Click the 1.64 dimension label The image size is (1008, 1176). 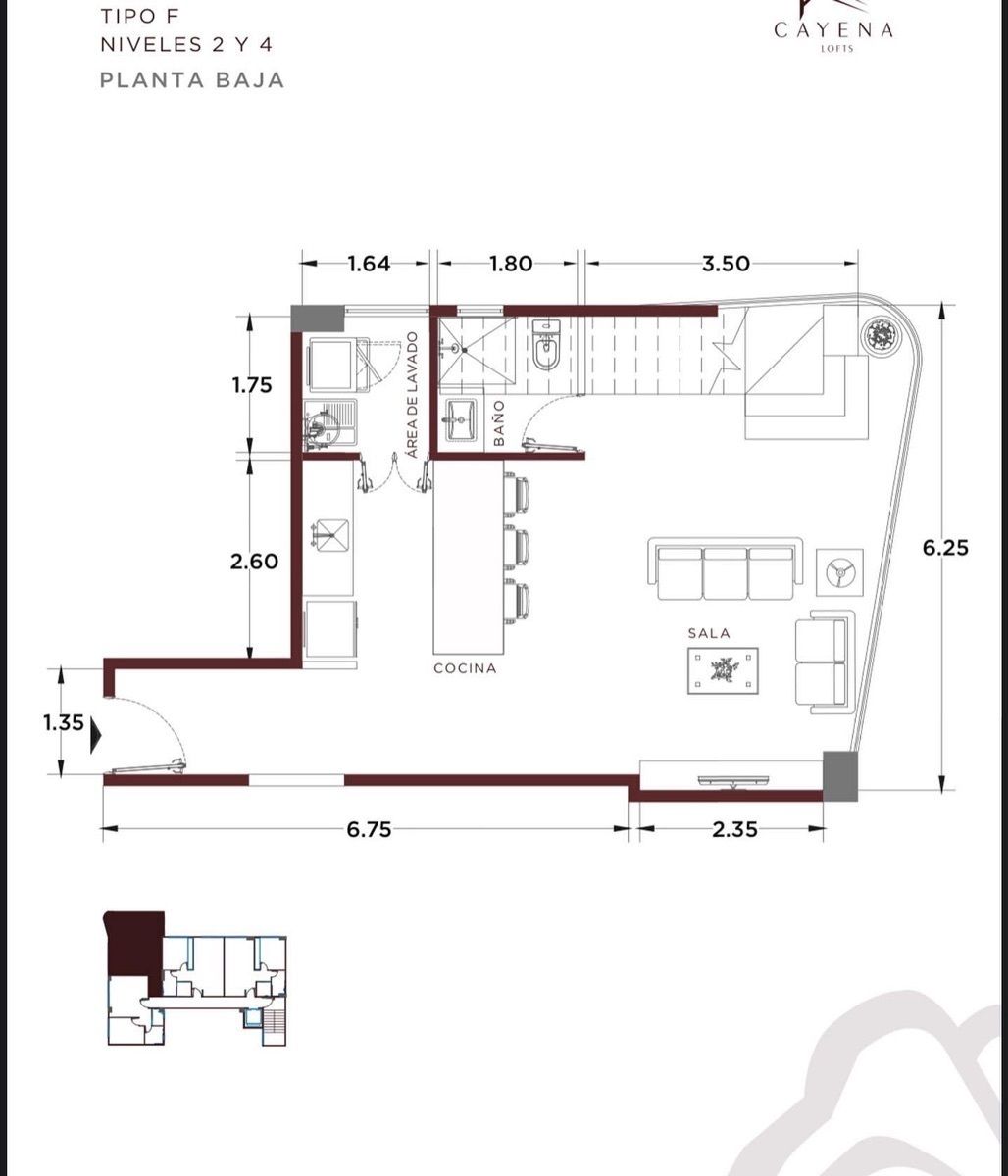tap(369, 264)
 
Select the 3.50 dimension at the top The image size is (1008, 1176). tap(726, 264)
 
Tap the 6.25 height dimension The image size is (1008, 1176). tap(945, 547)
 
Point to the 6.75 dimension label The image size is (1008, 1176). tap(369, 829)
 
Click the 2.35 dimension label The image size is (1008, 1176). tap(734, 829)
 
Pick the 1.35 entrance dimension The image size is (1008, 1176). tap(63, 722)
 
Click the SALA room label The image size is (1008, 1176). tap(709, 633)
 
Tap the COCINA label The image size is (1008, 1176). tap(465, 668)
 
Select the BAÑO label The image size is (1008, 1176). tap(499, 422)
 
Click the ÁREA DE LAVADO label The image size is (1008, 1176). tap(413, 395)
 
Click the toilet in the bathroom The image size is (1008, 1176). tap(547, 344)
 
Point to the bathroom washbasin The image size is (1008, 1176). tap(461, 419)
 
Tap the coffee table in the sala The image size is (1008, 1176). tap(723, 670)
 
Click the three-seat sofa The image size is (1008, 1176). tap(726, 569)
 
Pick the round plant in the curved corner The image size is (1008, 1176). tap(881, 335)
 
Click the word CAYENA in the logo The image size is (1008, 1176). tap(833, 29)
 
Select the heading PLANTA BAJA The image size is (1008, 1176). tap(192, 80)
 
